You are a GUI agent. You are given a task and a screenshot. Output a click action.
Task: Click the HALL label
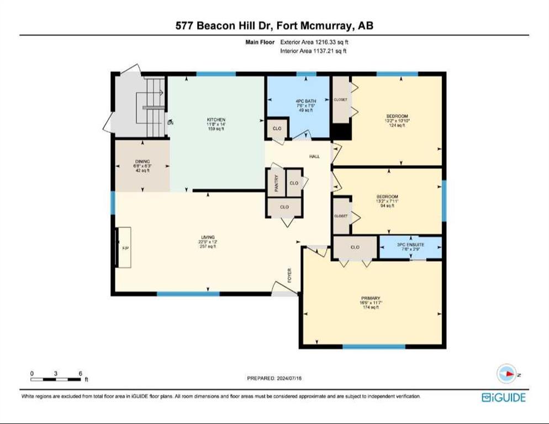pyautogui.click(x=314, y=156)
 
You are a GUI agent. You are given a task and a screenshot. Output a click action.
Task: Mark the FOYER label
pyautogui.click(x=289, y=274)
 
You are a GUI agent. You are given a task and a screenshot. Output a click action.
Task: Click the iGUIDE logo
pyautogui.click(x=503, y=397)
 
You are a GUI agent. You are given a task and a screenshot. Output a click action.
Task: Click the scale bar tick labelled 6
pyautogui.click(x=81, y=373)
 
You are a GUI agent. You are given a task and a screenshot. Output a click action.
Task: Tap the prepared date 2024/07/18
pyautogui.click(x=274, y=378)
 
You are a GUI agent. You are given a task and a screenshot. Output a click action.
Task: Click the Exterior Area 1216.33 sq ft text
pyautogui.click(x=314, y=41)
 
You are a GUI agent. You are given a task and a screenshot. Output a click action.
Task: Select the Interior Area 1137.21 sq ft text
pyautogui.click(x=314, y=51)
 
